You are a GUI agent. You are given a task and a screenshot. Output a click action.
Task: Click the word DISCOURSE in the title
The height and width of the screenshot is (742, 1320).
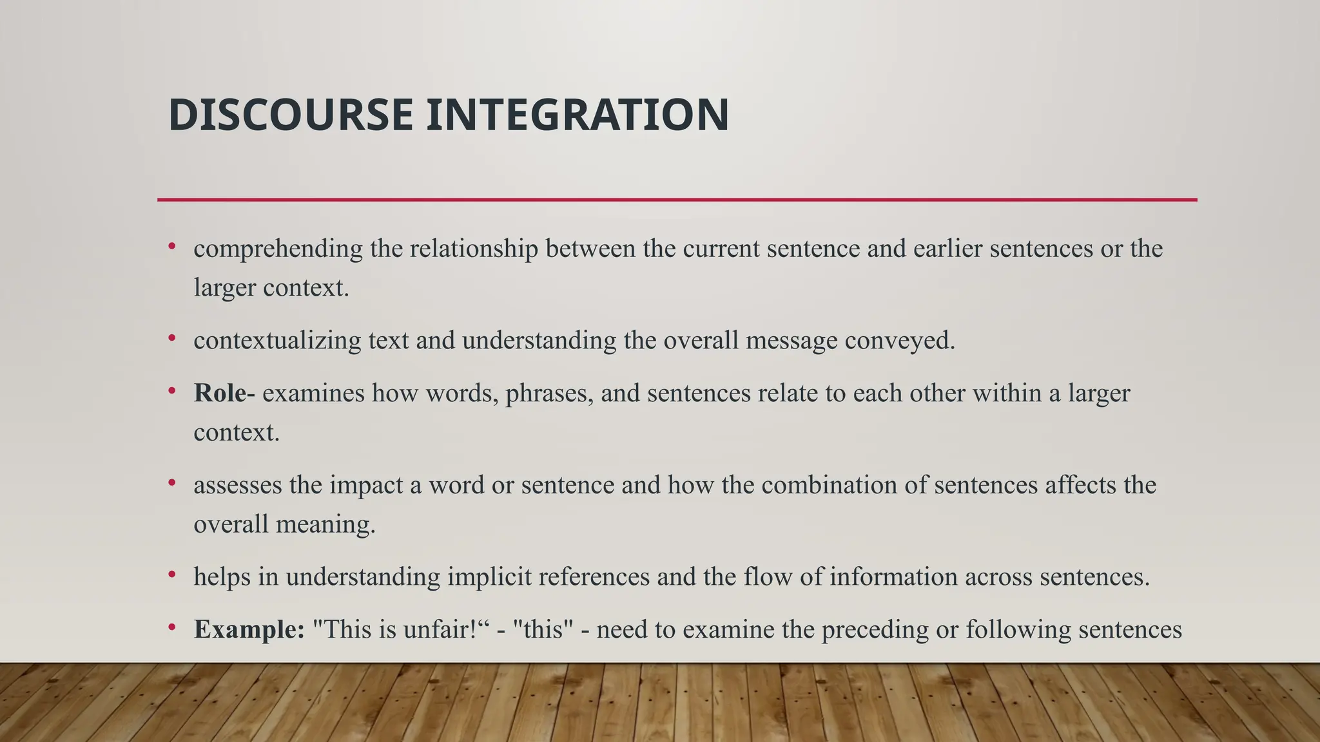point(290,115)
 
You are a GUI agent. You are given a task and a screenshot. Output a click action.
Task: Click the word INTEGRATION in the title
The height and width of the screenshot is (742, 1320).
point(577,115)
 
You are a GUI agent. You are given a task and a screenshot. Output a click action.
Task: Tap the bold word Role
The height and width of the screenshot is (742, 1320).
point(220,393)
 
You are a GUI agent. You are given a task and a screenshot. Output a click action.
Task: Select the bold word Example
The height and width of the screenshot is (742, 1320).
point(249,629)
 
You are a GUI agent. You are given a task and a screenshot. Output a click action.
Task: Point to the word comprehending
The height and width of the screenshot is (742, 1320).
point(278,249)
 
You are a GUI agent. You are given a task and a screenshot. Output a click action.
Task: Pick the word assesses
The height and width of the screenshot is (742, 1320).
point(237,485)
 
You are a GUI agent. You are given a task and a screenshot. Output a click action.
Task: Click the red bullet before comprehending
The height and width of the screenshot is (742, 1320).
point(172,246)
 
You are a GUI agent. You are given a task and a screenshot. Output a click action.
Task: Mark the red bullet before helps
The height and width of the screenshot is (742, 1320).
point(172,574)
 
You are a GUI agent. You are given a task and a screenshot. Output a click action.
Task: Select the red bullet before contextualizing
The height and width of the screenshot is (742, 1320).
point(172,338)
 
